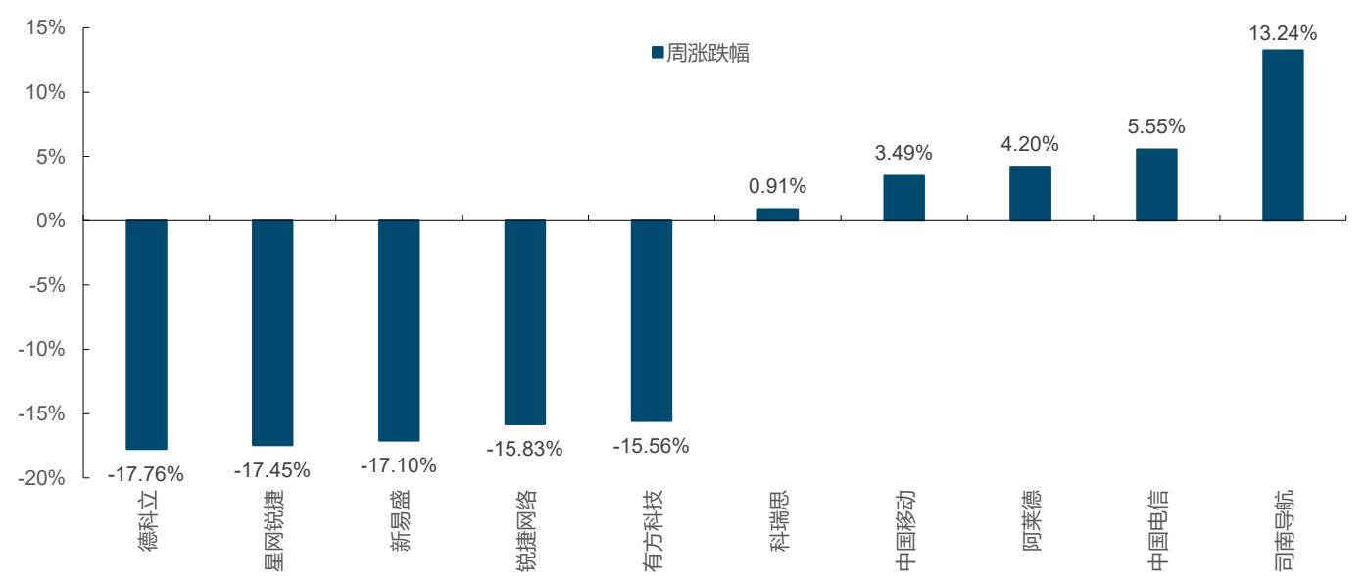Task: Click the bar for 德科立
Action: (146, 334)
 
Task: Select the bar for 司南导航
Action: (1283, 135)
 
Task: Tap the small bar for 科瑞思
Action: (777, 215)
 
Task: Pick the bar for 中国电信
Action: (1156, 184)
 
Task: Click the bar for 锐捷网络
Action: (525, 322)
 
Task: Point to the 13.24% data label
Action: (1283, 33)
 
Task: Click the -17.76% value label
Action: (146, 474)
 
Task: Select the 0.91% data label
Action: (777, 186)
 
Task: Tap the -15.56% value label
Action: (651, 446)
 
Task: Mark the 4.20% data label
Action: (1030, 144)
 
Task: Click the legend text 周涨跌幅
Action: (707, 53)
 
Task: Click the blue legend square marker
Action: (658, 53)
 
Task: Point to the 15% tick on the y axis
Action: (45, 27)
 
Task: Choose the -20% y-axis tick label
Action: (41, 478)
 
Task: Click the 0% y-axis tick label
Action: (51, 220)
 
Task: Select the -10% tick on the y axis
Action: (41, 349)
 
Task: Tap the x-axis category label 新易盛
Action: (400, 520)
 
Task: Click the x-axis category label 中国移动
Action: (905, 530)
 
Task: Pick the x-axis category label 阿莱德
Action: (1031, 520)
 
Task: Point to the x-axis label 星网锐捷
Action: (273, 530)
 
